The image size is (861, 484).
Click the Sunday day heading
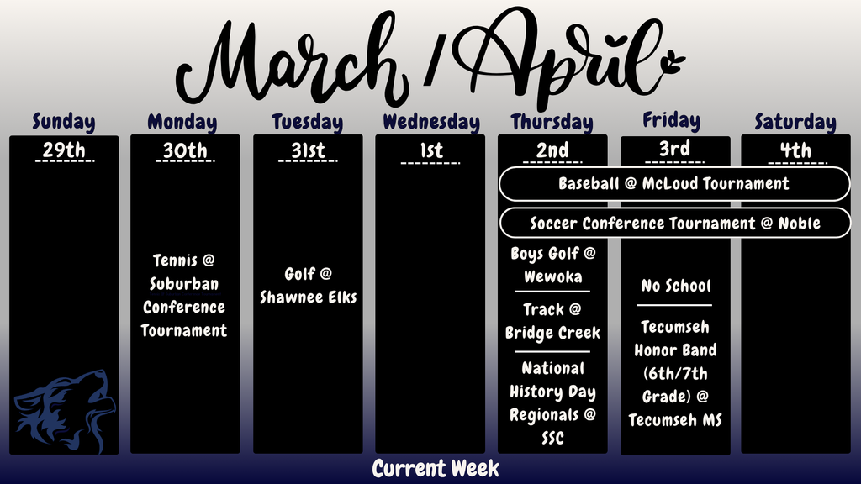64,122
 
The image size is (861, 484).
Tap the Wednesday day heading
430,122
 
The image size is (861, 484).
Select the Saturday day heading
795,122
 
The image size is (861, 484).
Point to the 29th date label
64,151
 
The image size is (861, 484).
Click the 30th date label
185,151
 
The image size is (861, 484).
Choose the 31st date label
307,151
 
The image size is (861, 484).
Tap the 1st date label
430,151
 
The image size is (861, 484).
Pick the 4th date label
795,151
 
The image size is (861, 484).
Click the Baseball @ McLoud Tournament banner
673,184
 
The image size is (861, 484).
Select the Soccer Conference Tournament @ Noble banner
673,224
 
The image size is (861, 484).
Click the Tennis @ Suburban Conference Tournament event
184,296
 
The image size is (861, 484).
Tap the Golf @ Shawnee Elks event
308,286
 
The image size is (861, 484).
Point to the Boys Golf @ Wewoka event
552,265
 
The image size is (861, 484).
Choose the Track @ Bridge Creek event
552,321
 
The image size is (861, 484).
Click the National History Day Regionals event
552,402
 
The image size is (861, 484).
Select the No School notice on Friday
675,286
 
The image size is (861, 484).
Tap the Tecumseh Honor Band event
675,373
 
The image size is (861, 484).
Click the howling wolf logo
62,409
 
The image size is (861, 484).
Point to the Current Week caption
436,468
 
